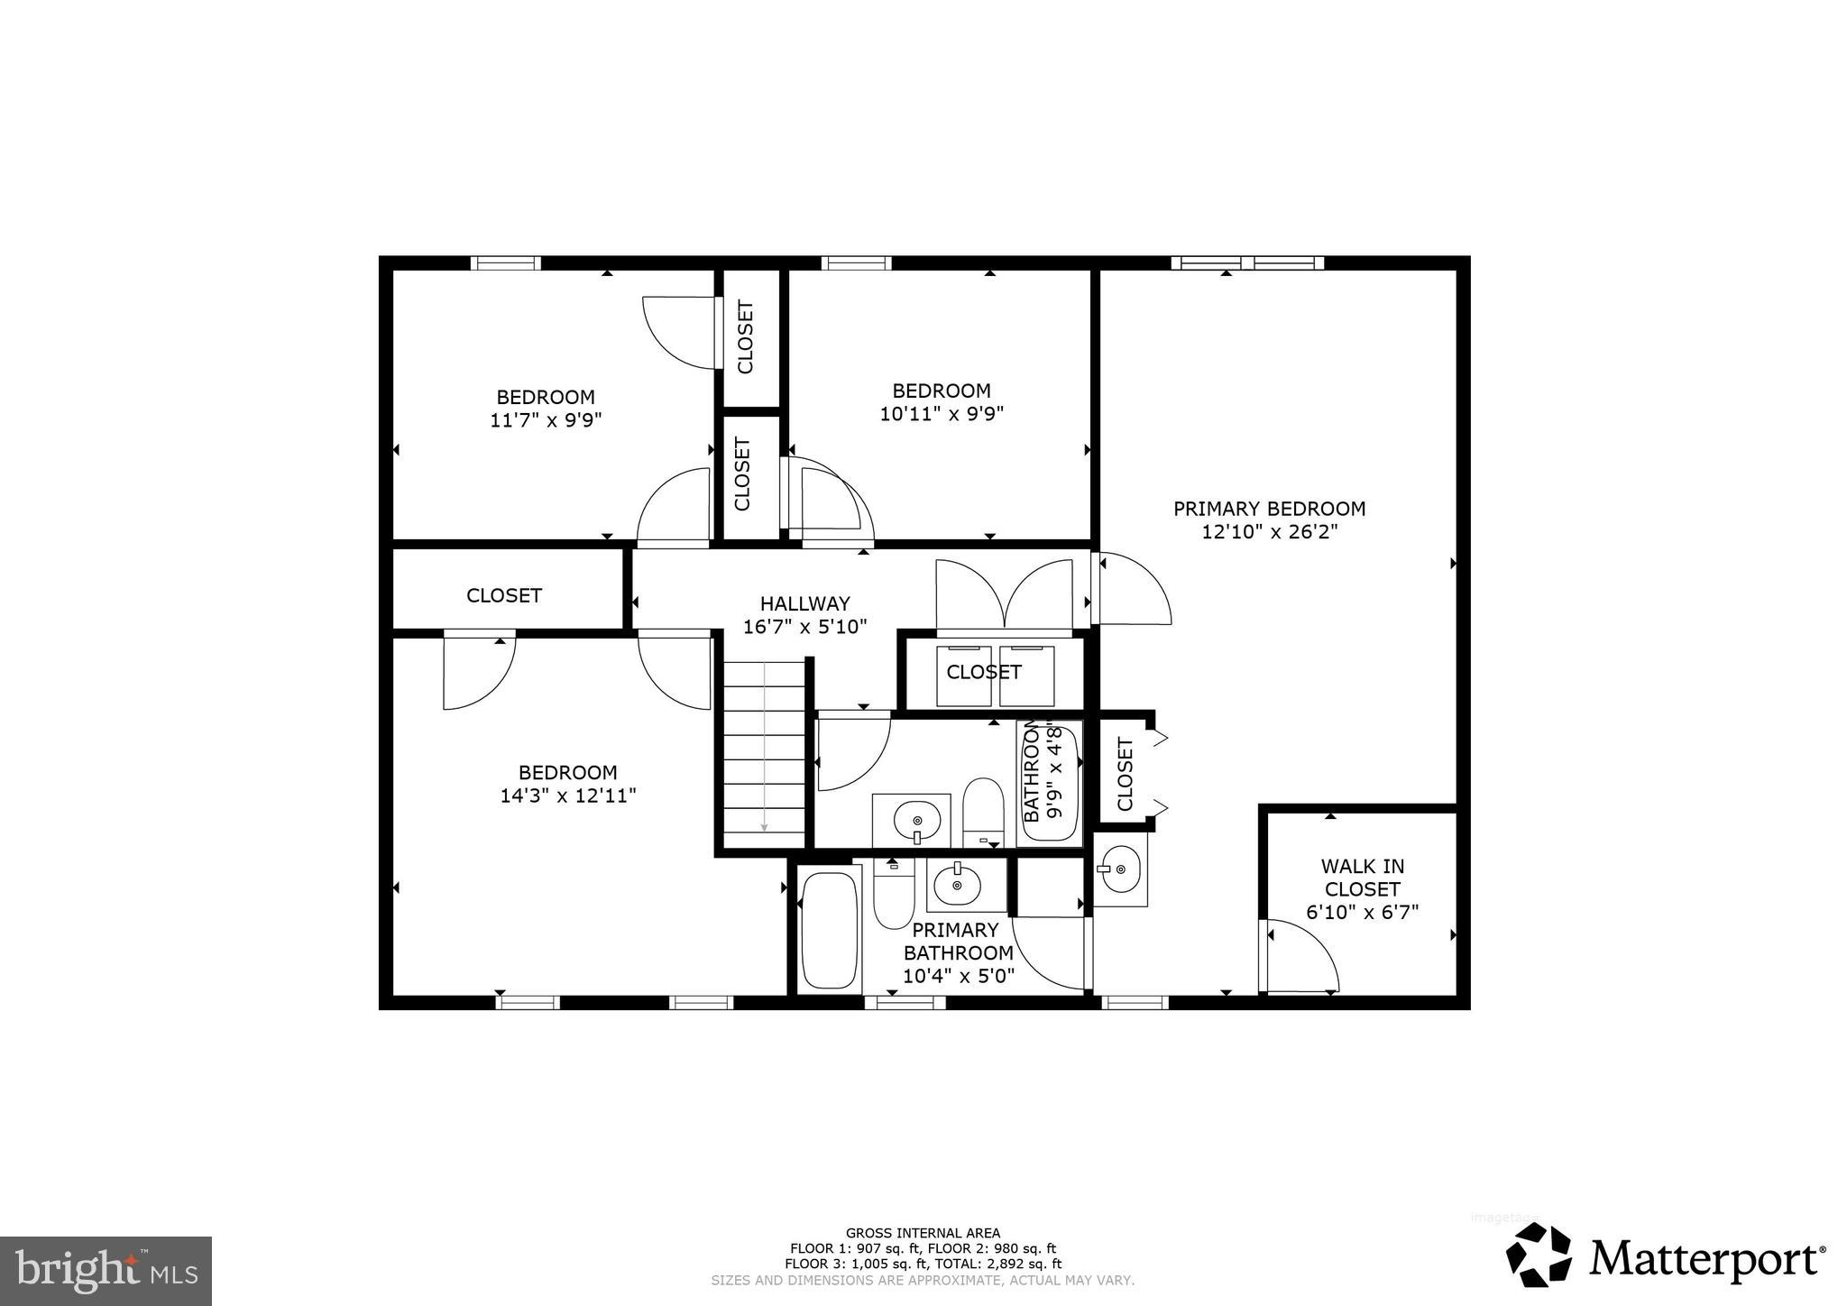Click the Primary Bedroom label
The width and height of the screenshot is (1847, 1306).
pyautogui.click(x=1269, y=509)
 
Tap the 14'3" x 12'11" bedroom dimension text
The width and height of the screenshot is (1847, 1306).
pyautogui.click(x=568, y=796)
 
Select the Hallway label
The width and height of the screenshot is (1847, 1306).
pyautogui.click(x=804, y=603)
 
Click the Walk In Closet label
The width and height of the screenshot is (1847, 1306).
pyautogui.click(x=1362, y=878)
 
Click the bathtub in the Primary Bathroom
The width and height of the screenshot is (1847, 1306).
pyautogui.click(x=829, y=929)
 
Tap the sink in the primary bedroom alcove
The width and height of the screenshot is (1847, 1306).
pyautogui.click(x=1120, y=869)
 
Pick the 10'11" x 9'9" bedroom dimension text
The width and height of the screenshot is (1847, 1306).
pyautogui.click(x=942, y=414)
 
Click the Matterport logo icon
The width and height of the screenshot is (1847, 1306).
pyautogui.click(x=1539, y=1255)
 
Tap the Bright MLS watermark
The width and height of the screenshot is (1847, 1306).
pyautogui.click(x=106, y=1271)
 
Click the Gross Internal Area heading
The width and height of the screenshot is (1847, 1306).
pyautogui.click(x=922, y=1233)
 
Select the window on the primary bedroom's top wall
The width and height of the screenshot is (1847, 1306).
pyautogui.click(x=1247, y=263)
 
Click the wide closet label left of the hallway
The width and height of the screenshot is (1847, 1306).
pyautogui.click(x=503, y=595)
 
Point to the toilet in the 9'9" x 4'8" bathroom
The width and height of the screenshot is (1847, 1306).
pyautogui.click(x=983, y=810)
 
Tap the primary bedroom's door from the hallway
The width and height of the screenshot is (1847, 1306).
pyautogui.click(x=1132, y=589)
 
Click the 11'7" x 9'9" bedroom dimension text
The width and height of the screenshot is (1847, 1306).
pyautogui.click(x=545, y=420)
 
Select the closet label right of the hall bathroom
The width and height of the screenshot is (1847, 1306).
pyautogui.click(x=1125, y=774)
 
